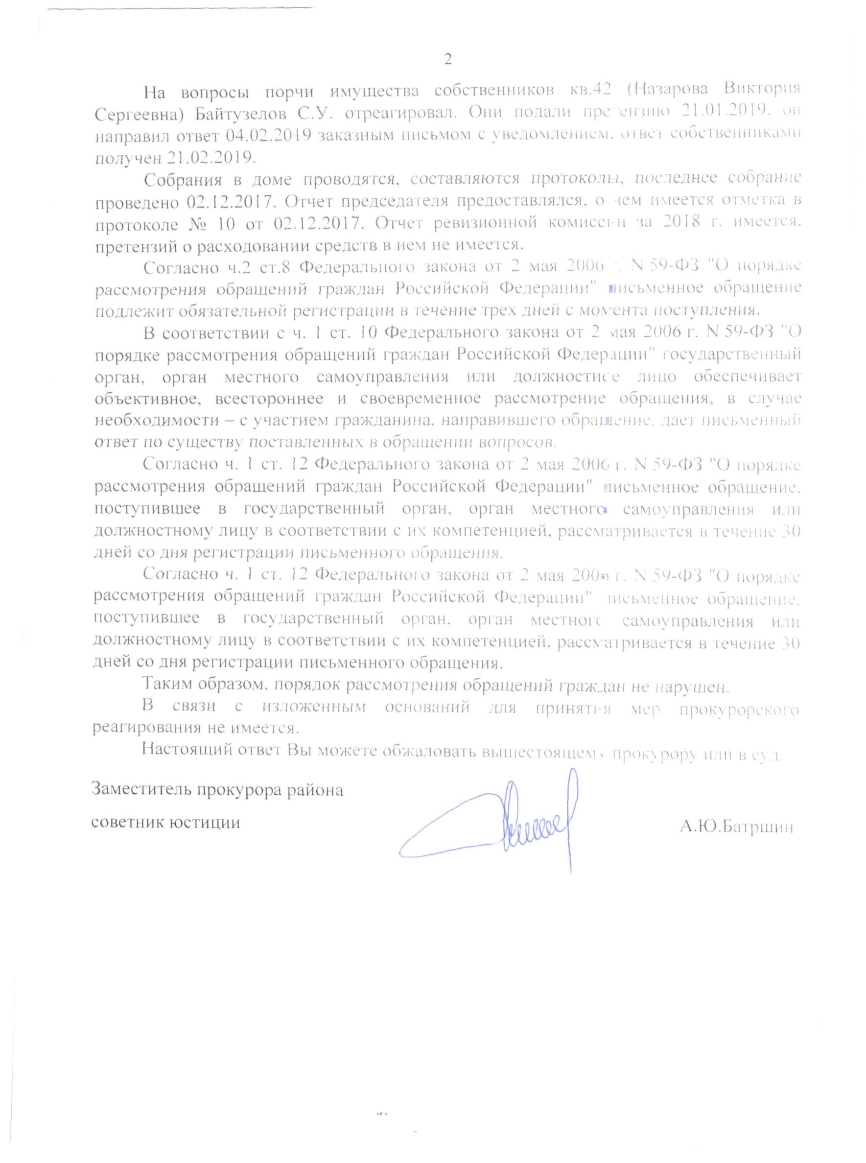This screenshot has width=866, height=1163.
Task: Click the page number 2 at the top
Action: coord(447,59)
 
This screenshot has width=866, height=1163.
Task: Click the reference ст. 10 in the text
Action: coord(356,332)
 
